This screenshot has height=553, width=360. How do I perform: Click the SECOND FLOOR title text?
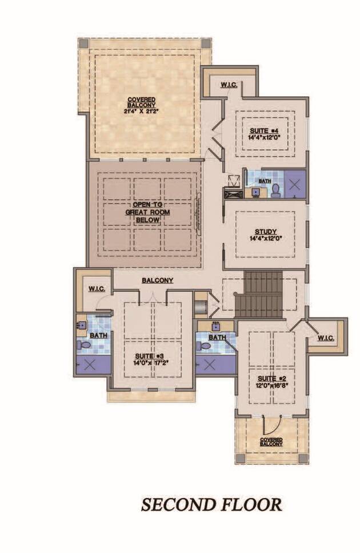[211, 504]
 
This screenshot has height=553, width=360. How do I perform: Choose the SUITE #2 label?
[271, 379]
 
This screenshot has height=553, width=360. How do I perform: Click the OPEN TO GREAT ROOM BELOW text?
[144, 212]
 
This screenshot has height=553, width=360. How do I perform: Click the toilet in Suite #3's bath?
[84, 346]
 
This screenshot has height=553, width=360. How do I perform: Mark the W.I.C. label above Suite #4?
[229, 85]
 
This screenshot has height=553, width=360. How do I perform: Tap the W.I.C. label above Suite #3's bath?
[95, 289]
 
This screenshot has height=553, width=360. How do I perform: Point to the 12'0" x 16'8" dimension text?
[271, 385]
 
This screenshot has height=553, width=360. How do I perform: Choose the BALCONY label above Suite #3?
[158, 280]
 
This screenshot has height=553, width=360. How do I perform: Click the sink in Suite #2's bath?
[216, 328]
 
